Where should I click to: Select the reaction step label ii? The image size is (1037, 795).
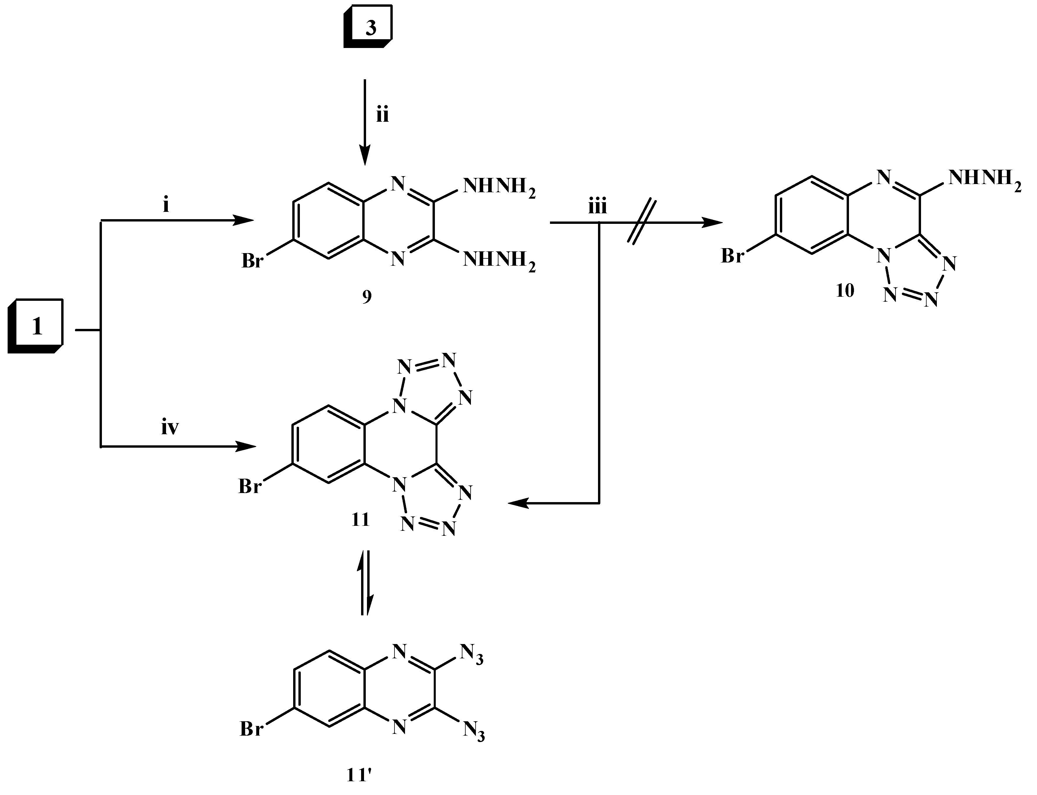[382, 115]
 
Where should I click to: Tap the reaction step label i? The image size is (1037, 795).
[166, 206]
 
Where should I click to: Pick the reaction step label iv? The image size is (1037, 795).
[170, 428]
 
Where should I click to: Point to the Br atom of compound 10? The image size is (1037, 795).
[732, 256]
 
